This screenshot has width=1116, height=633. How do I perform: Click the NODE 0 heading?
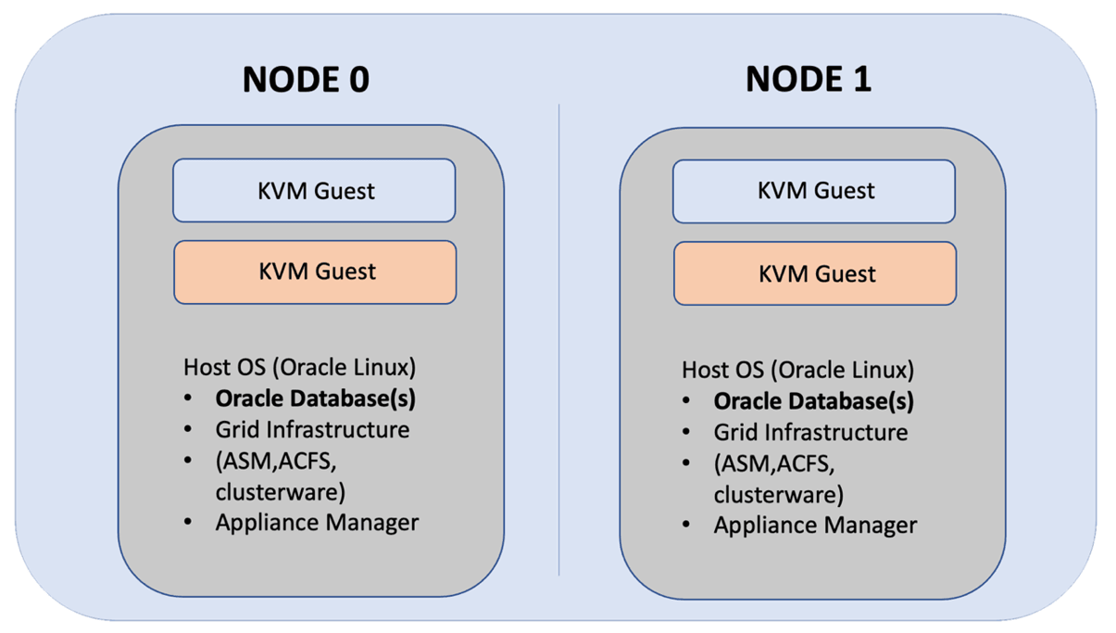306,79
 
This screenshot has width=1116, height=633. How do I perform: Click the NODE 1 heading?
808,79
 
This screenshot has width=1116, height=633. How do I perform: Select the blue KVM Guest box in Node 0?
314,191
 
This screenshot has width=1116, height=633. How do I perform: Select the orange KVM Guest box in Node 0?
314,272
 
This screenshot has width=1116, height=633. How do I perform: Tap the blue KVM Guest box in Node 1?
814,191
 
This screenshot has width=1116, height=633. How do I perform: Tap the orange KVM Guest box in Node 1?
814,274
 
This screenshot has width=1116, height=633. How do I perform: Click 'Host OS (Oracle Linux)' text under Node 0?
299,367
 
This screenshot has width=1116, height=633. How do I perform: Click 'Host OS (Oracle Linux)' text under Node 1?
797,370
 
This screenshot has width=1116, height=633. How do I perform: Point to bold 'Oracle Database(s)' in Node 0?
315,399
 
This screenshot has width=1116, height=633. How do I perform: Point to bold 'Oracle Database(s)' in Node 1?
813,401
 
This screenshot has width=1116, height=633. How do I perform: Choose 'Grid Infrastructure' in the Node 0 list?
312,429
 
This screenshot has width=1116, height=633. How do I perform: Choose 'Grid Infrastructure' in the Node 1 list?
810,432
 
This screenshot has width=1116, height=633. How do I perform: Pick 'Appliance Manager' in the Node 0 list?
317,522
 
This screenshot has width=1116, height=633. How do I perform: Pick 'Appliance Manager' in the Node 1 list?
815,525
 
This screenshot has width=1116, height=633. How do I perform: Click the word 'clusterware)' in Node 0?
280,490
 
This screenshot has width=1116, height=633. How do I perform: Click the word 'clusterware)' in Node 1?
778,493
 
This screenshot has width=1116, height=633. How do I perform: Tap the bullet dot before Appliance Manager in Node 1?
686,525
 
